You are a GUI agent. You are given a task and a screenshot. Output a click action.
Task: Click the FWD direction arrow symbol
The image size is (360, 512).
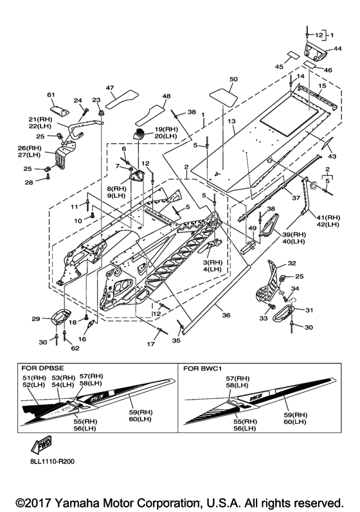[41, 444]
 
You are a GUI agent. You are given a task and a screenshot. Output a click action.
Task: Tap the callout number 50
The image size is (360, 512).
[234, 79]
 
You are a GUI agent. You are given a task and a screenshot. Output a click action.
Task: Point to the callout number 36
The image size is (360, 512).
[226, 315]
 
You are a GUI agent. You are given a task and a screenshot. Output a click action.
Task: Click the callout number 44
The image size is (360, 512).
[337, 48]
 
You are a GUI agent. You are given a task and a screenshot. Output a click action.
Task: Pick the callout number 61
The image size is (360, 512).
[51, 94]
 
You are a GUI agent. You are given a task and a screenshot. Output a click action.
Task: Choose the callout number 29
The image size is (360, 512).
[35, 319]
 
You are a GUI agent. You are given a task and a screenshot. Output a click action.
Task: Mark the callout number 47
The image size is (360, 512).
[110, 87]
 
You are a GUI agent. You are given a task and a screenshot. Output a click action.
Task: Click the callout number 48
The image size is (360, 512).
[166, 96]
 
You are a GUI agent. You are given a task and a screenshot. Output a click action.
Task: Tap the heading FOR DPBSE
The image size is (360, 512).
[37, 367]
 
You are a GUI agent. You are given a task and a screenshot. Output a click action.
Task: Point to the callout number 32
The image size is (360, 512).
[292, 263]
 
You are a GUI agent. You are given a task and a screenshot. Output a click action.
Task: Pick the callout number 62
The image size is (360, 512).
[75, 348]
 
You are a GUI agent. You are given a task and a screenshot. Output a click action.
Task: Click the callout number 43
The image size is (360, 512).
[332, 156]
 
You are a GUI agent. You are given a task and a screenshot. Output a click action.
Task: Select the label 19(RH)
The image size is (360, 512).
[166, 129]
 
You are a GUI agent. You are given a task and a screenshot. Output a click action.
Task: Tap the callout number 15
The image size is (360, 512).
[323, 86]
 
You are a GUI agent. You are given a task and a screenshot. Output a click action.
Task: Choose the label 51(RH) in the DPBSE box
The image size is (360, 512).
[34, 378]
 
